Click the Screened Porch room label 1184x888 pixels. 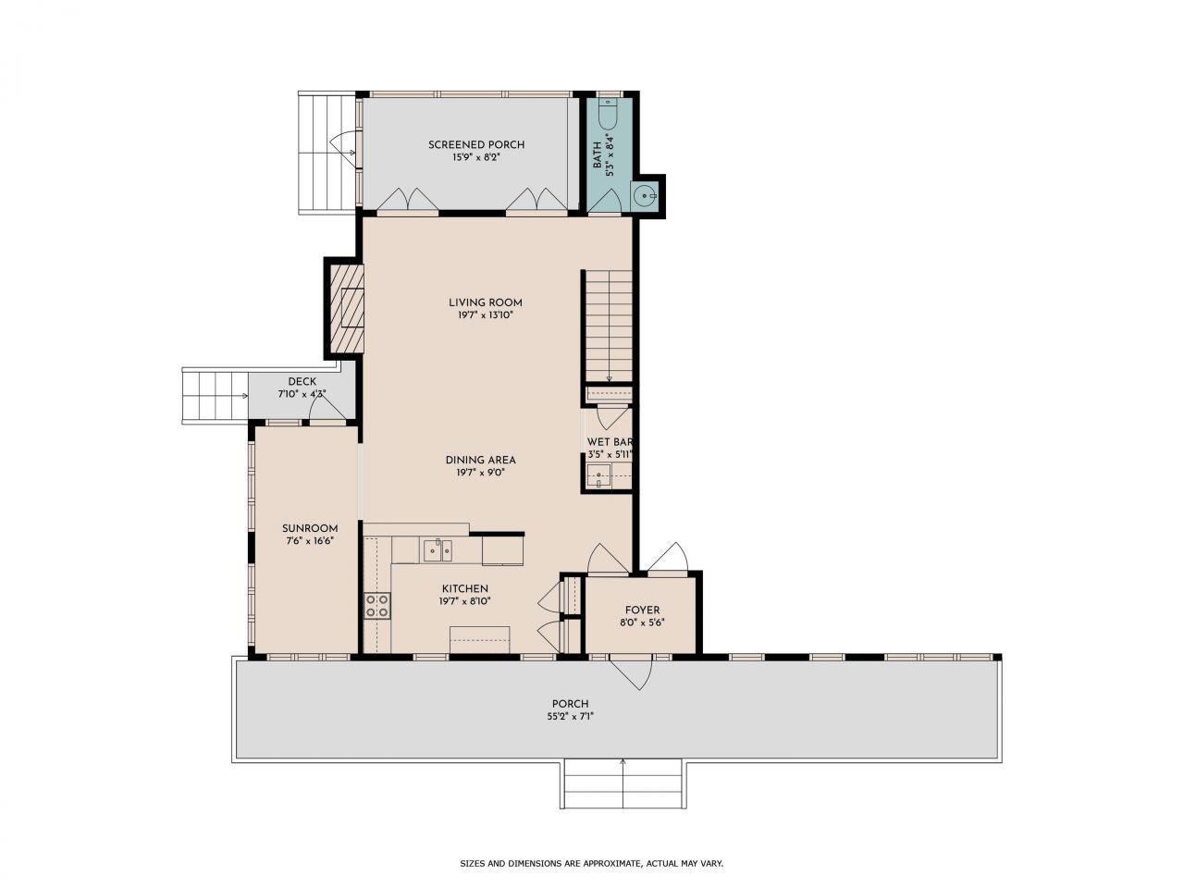point(475,144)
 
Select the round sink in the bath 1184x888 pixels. point(646,195)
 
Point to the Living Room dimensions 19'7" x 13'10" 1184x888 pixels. point(485,315)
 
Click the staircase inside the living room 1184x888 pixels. point(608,325)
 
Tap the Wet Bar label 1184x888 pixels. point(610,442)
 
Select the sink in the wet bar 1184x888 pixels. point(598,478)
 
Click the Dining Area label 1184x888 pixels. point(480,460)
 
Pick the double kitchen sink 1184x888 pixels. point(437,551)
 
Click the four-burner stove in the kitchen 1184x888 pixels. point(376,606)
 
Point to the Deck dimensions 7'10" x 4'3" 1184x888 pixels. point(302,394)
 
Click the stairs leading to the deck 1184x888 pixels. point(215,395)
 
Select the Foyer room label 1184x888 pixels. point(642,610)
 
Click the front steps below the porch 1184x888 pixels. point(623,783)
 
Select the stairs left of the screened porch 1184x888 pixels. point(327,153)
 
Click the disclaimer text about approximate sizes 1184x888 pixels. point(591,863)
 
